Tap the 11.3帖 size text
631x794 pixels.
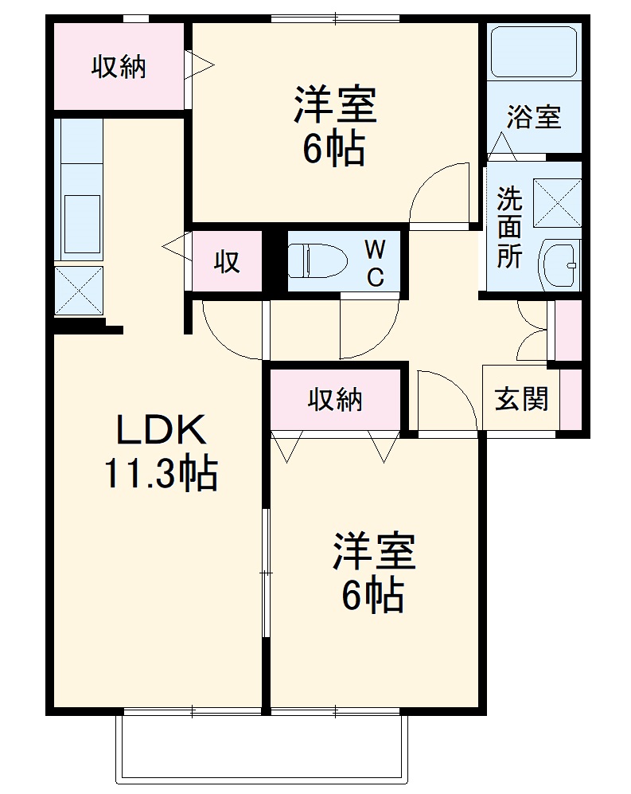coord(159,475)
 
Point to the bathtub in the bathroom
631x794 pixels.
coord(532,52)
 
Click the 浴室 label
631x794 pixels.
coord(534,118)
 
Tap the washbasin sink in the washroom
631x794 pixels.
coord(561,264)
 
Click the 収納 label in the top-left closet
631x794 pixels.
coord(118,68)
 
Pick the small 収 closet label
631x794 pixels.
coord(228,261)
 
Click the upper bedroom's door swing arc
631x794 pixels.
coord(436,191)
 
